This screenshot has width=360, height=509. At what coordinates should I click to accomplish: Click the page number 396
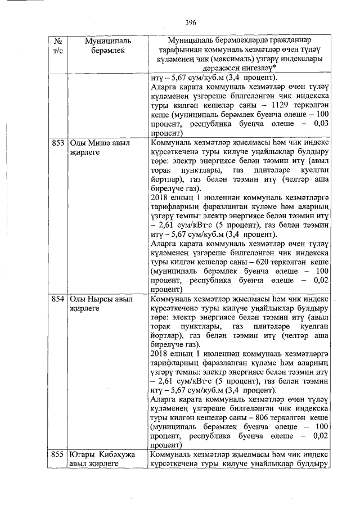[x=190, y=22]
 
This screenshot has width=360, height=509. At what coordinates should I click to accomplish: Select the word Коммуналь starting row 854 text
[x=172, y=299]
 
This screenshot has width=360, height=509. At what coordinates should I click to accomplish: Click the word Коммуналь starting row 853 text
[x=172, y=143]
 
